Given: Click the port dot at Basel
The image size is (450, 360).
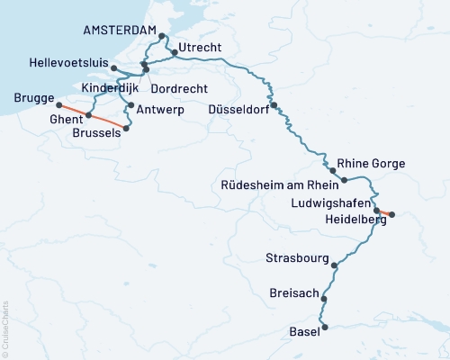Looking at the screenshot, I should [326, 328].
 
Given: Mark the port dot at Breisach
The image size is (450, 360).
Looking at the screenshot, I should [325, 299].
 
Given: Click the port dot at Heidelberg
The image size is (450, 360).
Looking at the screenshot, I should [391, 214].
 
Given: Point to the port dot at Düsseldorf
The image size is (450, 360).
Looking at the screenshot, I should [274, 104].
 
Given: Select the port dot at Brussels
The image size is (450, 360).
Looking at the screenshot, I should [125, 128].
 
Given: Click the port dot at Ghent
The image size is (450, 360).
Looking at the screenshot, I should [88, 116].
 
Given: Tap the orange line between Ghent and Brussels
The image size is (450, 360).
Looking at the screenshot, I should [106, 121].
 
